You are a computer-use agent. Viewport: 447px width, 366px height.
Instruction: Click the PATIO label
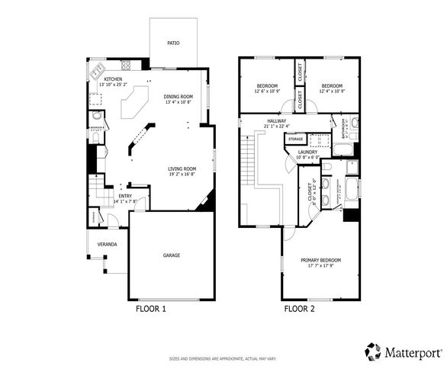[174, 43]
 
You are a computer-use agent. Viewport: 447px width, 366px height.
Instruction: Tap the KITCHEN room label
[113, 78]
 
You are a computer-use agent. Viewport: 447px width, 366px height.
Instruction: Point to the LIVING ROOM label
[182, 169]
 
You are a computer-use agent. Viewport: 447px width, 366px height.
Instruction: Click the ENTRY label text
[125, 196]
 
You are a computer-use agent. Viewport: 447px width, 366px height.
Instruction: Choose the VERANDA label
[107, 244]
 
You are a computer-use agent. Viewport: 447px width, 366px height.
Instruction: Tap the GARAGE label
[171, 255]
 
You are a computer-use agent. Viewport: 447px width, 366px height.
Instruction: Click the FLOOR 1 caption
[150, 309]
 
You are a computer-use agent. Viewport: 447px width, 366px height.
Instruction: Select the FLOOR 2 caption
[299, 309]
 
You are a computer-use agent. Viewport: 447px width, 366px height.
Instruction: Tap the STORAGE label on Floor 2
[295, 139]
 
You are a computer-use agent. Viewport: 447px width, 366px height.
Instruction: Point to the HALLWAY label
[276, 120]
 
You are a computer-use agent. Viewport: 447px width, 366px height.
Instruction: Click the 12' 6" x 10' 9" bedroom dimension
[267, 91]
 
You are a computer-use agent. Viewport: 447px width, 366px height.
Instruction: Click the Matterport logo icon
[373, 352]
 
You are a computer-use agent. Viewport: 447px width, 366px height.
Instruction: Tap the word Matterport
[412, 352]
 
